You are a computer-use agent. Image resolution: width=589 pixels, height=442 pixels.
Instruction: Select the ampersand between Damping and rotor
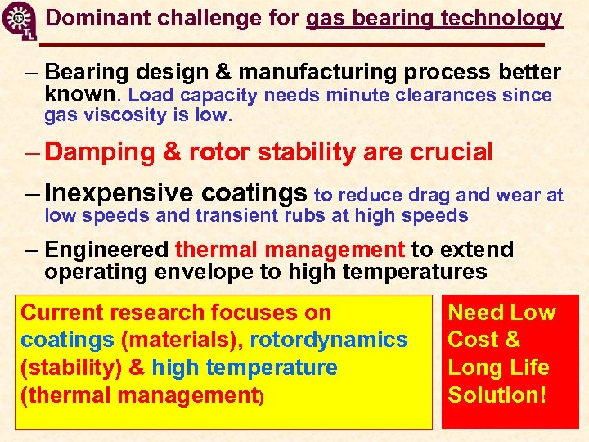173,152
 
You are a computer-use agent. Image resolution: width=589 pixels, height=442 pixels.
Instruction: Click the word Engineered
107,250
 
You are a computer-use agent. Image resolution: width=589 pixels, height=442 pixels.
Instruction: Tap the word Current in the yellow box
61,313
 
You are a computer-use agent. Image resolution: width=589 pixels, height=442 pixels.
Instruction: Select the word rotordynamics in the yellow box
329,340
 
